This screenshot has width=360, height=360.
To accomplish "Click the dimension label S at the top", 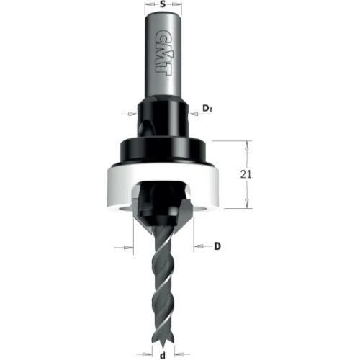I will (x=165, y=6).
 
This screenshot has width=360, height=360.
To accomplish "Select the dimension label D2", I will (x=209, y=109).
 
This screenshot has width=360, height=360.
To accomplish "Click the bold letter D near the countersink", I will (x=217, y=246).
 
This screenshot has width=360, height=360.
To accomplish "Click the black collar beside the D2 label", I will (x=165, y=115).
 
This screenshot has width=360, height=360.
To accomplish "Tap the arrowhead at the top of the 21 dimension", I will (x=247, y=144).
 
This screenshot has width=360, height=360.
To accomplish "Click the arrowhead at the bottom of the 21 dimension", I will (x=247, y=203).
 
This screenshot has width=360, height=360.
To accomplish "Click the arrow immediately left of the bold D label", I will (x=197, y=246).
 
